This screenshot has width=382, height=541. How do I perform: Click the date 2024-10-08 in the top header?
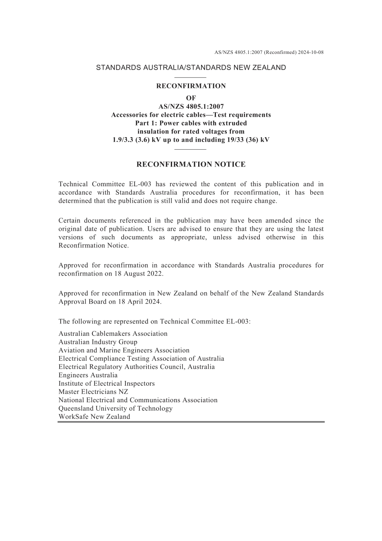click(311, 52)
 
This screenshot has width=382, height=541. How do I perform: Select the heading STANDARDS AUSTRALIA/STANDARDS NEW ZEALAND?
click(191, 68)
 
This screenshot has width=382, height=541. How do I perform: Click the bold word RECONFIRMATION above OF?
click(191, 86)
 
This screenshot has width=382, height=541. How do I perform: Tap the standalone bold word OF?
click(191, 98)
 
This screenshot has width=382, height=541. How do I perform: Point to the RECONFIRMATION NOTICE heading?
click(191, 164)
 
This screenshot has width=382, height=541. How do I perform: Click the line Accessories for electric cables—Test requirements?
click(191, 115)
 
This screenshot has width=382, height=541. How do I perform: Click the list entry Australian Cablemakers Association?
click(113, 333)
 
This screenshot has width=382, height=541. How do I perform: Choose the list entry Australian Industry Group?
click(98, 342)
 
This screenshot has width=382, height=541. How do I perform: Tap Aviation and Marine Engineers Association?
click(124, 350)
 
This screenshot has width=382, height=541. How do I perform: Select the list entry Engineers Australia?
click(88, 375)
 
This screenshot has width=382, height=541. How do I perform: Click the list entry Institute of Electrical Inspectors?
click(107, 383)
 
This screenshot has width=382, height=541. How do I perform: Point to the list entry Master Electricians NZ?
click(93, 392)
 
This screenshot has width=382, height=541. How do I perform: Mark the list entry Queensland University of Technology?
click(115, 408)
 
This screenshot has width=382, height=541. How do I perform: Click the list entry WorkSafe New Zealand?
click(94, 417)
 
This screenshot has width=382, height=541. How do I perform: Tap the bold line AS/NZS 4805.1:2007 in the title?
click(191, 107)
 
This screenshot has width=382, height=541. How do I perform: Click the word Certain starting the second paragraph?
click(69, 220)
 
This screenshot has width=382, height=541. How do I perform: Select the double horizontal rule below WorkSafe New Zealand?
click(191, 422)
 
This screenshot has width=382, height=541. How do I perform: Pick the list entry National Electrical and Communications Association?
click(138, 400)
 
